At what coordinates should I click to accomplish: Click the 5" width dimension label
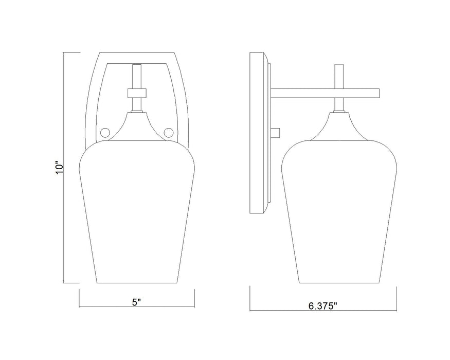136,302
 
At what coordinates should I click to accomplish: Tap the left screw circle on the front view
106,132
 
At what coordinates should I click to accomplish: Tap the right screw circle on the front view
167,132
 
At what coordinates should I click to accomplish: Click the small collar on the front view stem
136,93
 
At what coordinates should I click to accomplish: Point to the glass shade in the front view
136,211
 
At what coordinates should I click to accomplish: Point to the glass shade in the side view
338,211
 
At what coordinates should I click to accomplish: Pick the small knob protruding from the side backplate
276,133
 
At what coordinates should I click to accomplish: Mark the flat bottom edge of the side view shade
338,282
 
